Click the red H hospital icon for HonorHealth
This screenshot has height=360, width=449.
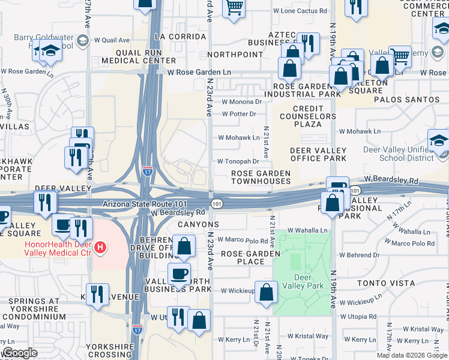(101, 247)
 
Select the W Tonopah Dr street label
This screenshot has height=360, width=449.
(238, 161)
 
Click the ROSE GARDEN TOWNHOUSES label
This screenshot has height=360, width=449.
(261, 177)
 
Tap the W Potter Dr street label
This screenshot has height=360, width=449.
(238, 113)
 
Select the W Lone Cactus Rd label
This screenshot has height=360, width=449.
(300, 11)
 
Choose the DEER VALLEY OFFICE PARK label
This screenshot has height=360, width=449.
(318, 154)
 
